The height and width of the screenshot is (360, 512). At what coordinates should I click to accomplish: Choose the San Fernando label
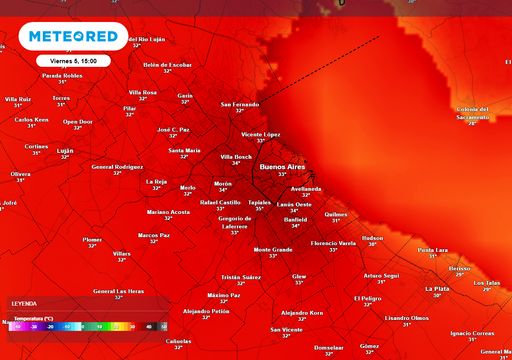(239, 104)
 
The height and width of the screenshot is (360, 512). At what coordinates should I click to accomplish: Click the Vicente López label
(260, 133)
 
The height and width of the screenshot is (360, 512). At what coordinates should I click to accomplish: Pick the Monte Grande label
(273, 249)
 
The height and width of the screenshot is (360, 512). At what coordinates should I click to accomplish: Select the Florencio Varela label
(334, 243)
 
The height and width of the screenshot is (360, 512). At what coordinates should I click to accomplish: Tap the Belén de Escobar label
(167, 64)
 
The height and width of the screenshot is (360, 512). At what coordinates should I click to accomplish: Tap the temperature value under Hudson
(372, 245)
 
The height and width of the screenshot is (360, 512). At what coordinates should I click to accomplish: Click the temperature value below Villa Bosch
(236, 163)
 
